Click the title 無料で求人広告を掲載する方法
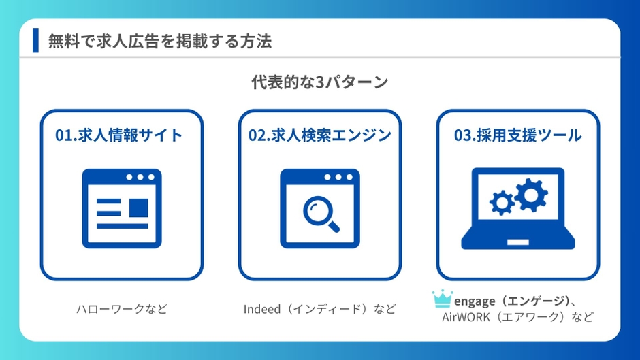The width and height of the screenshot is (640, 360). click(160, 42)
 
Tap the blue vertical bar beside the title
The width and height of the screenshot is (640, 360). click(35, 40)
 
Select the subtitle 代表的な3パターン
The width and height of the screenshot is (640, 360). click(319, 82)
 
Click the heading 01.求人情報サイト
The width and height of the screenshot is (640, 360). click(118, 135)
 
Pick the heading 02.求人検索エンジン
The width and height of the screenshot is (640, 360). click(320, 135)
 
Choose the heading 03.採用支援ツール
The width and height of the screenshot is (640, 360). click(517, 135)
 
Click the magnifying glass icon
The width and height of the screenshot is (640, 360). click(321, 214)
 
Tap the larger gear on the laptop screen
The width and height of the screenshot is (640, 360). click(531, 195)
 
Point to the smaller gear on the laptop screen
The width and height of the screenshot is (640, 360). click(502, 202)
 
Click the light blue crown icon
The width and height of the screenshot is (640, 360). click(443, 299)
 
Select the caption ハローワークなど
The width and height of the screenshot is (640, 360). click(122, 309)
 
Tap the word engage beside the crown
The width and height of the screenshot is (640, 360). click(475, 301)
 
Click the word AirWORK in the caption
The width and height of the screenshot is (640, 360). click(466, 317)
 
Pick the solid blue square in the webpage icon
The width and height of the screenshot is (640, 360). click(139, 208)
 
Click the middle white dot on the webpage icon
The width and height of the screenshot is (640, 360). click(140, 177)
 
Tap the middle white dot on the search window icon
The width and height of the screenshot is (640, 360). click(338, 177)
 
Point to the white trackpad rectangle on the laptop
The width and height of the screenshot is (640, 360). click(518, 242)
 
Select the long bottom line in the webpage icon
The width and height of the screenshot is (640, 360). click(123, 226)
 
